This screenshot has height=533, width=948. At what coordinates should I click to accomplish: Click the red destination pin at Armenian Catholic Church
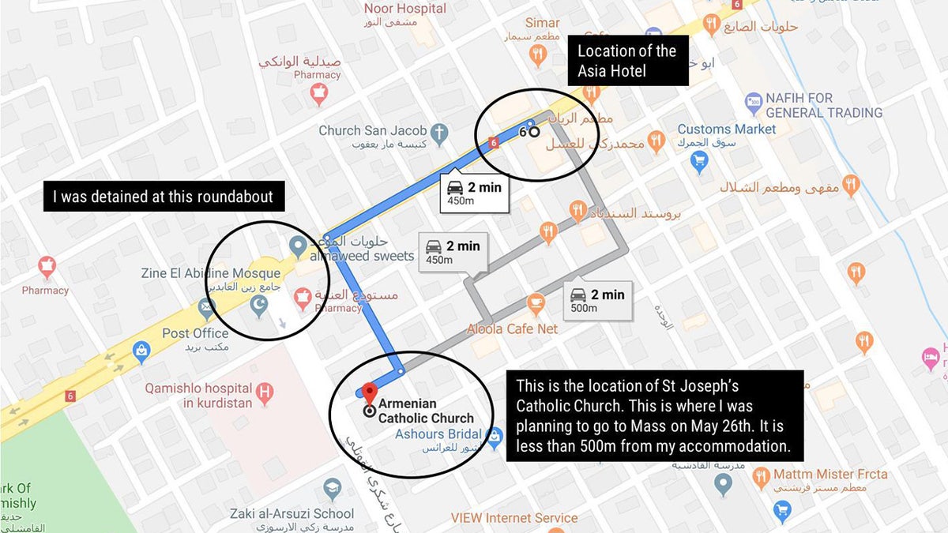tap(368, 391)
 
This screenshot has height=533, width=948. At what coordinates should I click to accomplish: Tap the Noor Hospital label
tap(405, 9)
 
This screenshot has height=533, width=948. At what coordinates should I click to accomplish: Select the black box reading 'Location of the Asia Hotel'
tap(627, 61)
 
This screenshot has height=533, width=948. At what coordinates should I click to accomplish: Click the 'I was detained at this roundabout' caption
tap(163, 197)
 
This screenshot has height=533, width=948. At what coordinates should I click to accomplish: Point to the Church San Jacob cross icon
tap(441, 131)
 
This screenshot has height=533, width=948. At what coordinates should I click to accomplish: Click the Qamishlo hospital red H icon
tap(266, 391)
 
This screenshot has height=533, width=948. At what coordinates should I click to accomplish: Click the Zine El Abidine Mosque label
tap(211, 273)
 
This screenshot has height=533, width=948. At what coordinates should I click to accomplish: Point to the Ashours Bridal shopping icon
tap(495, 435)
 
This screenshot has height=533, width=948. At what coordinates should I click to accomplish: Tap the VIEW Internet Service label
tap(514, 518)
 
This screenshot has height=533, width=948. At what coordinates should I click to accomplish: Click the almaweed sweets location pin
tap(298, 246)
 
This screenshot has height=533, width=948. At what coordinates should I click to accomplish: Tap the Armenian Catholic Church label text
tap(426, 411)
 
